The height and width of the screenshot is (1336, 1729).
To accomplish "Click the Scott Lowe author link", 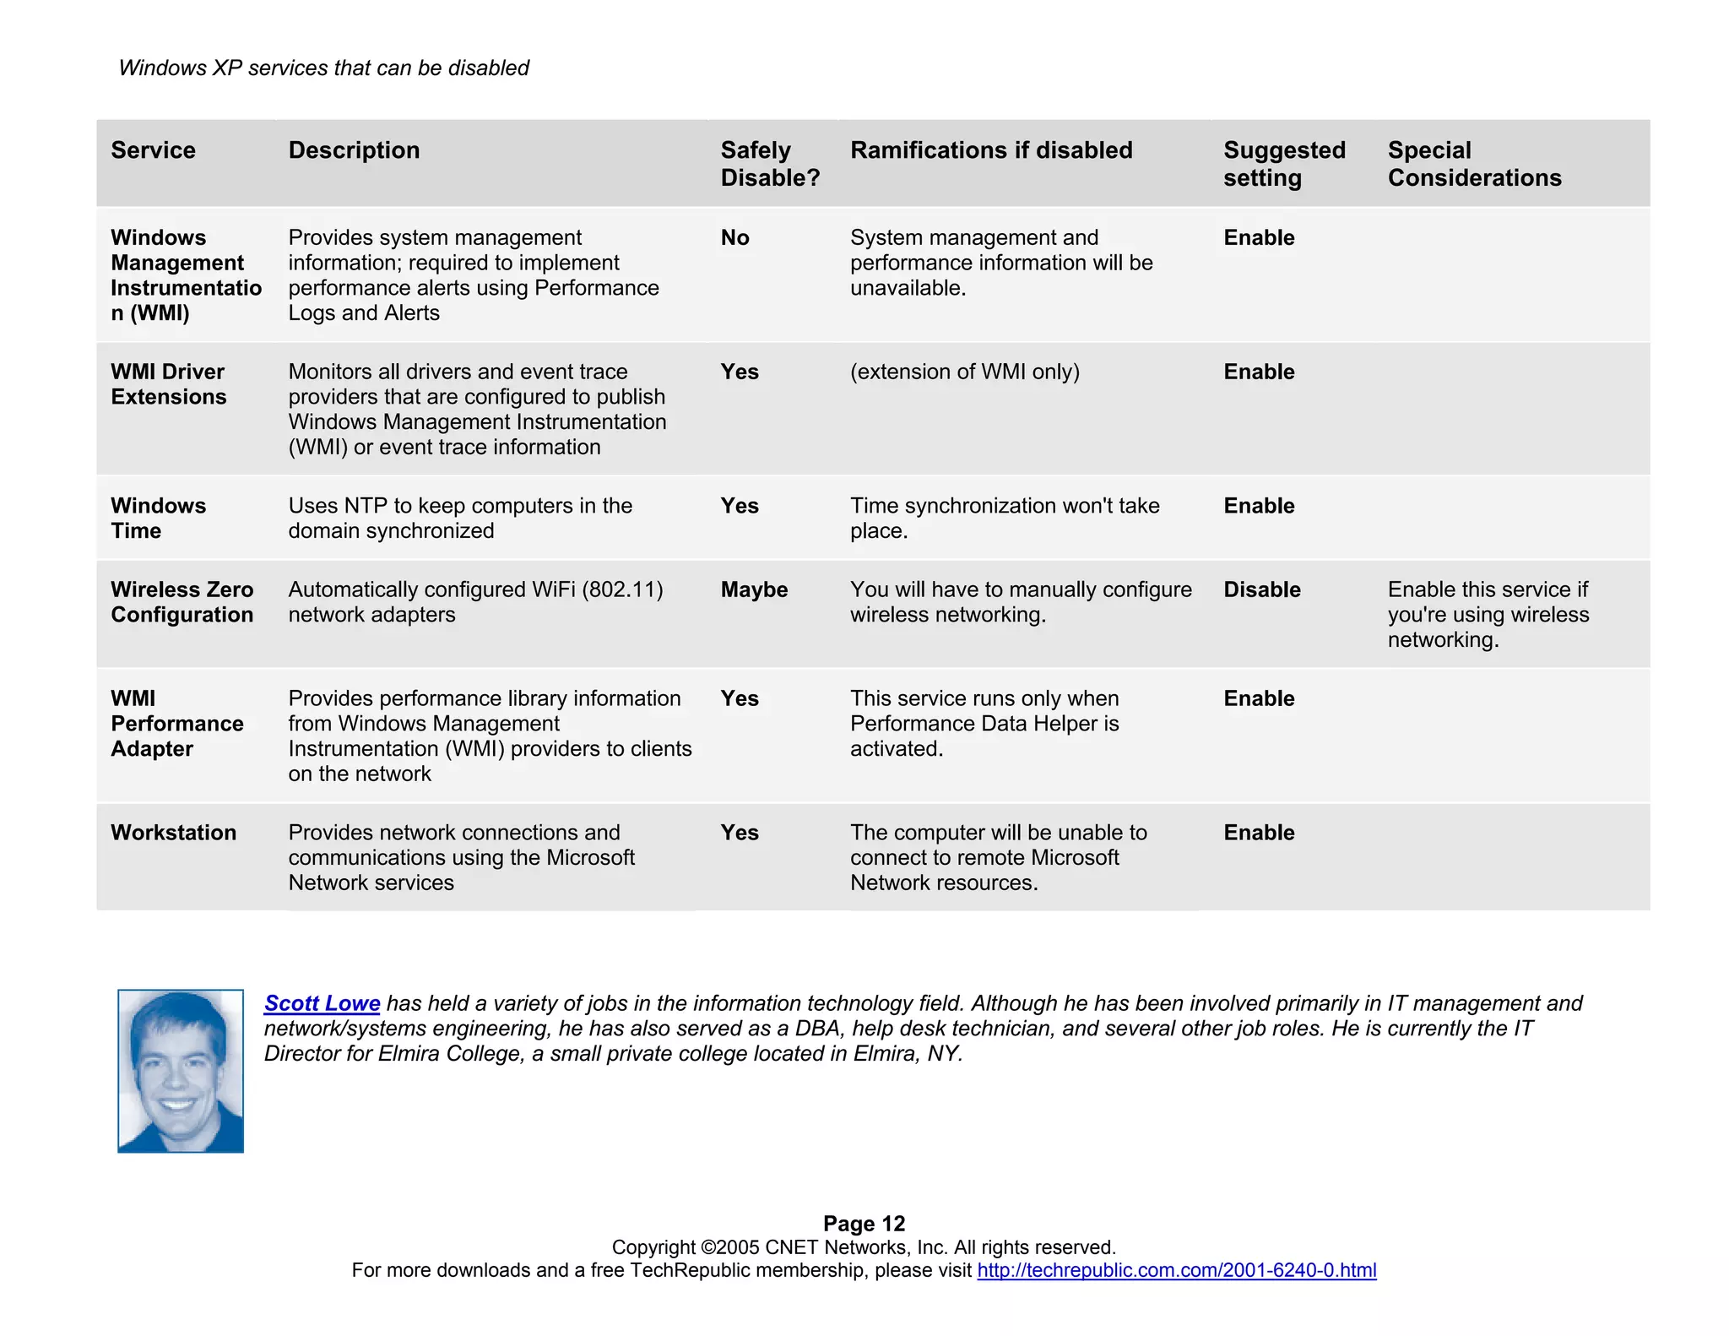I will [x=322, y=1003].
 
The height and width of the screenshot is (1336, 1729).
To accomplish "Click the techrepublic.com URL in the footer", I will [x=1176, y=1270].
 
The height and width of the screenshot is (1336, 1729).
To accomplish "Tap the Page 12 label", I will [x=864, y=1224].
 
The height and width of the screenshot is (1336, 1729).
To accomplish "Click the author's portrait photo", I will [x=181, y=1071].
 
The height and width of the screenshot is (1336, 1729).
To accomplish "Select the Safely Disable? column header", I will [x=769, y=164].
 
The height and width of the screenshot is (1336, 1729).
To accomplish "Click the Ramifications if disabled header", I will [x=991, y=150].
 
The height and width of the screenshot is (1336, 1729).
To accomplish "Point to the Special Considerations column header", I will [x=1474, y=164].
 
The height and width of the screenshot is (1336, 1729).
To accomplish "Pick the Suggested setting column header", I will [x=1284, y=164].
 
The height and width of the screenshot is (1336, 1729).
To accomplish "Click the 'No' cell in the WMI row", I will [x=734, y=238].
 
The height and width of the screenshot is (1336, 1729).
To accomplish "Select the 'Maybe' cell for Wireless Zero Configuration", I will [x=754, y=589].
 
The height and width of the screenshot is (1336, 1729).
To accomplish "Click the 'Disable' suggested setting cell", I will [x=1261, y=589].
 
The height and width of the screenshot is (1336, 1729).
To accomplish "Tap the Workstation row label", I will [x=173, y=833].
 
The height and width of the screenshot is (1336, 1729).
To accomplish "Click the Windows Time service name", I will [x=158, y=519].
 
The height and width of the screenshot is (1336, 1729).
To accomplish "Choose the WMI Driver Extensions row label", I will [x=168, y=384].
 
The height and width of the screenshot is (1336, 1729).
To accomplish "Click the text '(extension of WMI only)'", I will [x=964, y=372].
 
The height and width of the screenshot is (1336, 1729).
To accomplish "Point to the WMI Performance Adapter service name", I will [x=176, y=724].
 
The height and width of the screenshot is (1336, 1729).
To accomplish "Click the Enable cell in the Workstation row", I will [x=1259, y=833].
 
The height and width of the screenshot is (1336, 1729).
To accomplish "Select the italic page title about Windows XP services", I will [x=323, y=68].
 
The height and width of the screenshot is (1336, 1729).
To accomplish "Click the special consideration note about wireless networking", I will [x=1488, y=615].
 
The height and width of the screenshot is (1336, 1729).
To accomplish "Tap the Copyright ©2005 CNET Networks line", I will [x=864, y=1247].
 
